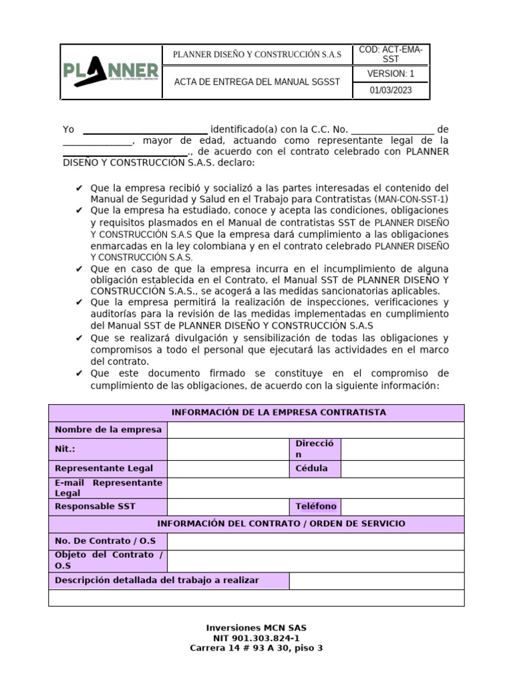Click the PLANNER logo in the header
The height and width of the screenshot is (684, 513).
point(112,72)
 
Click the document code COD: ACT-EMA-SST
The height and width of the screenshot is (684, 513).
point(391,54)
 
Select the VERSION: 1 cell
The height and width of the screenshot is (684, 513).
point(391,73)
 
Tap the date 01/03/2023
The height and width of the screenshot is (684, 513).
point(391,91)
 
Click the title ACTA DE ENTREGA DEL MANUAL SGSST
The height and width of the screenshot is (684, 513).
point(256,82)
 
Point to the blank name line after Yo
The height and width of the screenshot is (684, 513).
point(145,130)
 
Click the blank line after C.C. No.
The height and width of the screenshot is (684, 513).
point(392,130)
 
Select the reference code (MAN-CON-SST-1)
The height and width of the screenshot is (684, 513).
point(412,199)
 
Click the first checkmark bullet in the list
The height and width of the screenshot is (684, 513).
point(79,188)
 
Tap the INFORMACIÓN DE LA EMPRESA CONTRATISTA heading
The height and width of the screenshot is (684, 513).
point(256,413)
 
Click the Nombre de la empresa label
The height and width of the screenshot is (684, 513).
point(108,430)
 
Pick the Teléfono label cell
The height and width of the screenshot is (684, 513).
point(316,506)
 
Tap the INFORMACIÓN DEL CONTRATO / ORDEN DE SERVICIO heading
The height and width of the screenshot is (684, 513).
point(256,524)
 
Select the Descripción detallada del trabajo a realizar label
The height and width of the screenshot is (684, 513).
point(157,580)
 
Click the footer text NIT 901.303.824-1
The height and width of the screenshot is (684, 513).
point(256,638)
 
